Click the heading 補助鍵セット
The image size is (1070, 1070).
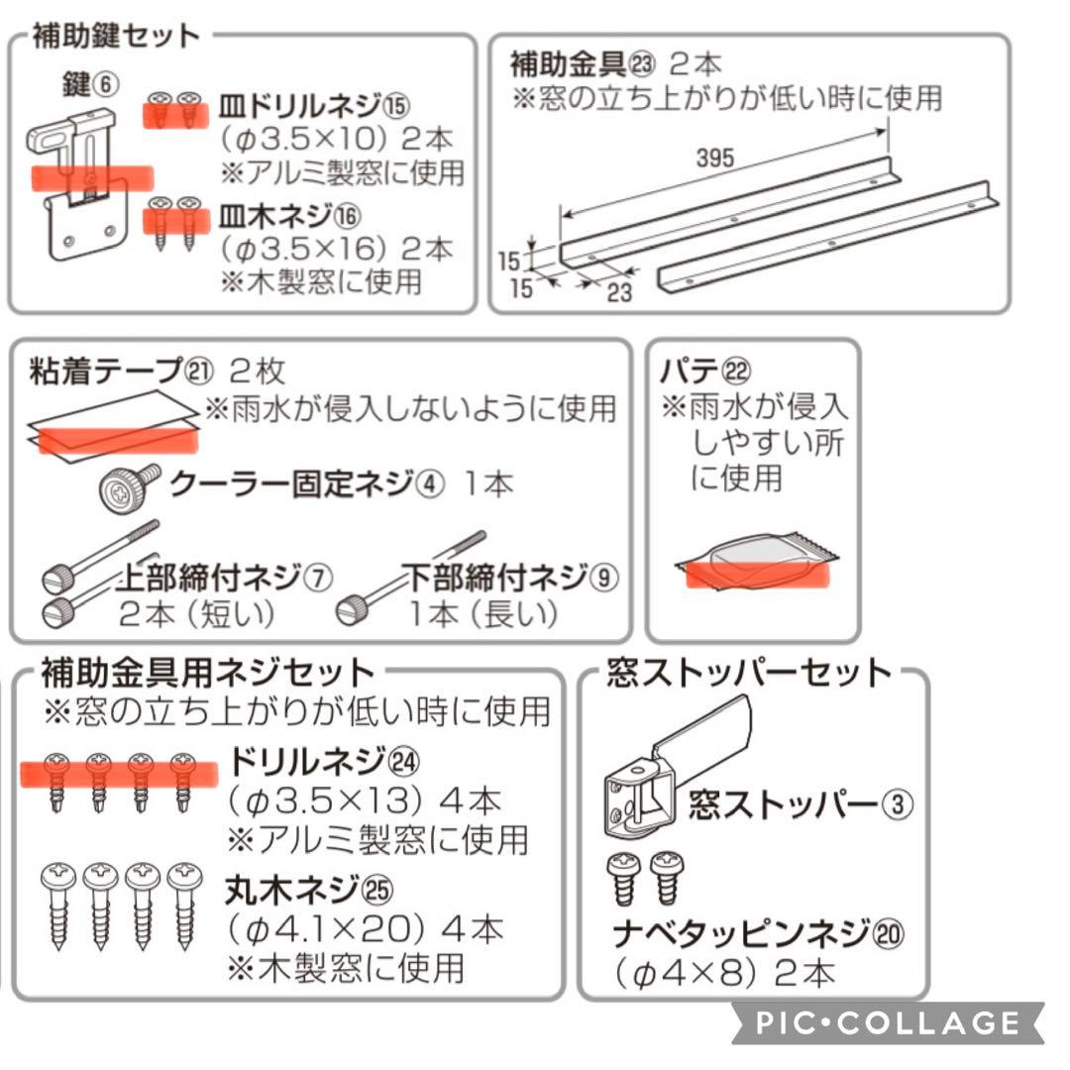click(x=116, y=37)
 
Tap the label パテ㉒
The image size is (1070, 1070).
click(x=705, y=372)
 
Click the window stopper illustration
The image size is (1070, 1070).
click(x=679, y=763)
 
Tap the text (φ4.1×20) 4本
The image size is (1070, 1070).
click(x=364, y=929)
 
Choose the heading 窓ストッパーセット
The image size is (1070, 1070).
click(x=750, y=673)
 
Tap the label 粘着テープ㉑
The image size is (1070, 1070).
click(x=121, y=372)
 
